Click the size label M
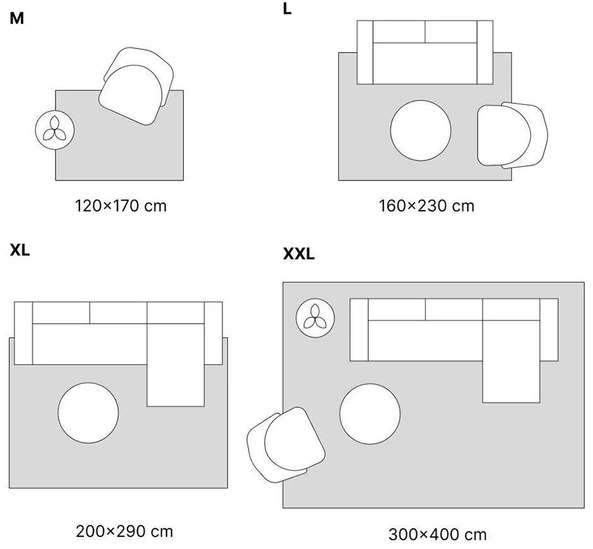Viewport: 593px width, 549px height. click(x=17, y=18)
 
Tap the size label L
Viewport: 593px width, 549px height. click(x=288, y=10)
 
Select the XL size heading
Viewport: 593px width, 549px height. click(x=20, y=250)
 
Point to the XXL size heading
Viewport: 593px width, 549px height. click(x=298, y=254)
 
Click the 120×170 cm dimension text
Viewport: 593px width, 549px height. click(x=120, y=206)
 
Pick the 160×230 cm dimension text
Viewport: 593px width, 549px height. click(x=426, y=206)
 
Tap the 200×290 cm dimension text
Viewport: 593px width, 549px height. click(x=124, y=531)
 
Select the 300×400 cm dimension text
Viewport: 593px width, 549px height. click(x=437, y=535)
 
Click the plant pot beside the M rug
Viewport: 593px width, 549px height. click(x=55, y=130)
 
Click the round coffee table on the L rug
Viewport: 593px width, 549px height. click(x=420, y=131)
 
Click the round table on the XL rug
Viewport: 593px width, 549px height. click(x=88, y=413)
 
